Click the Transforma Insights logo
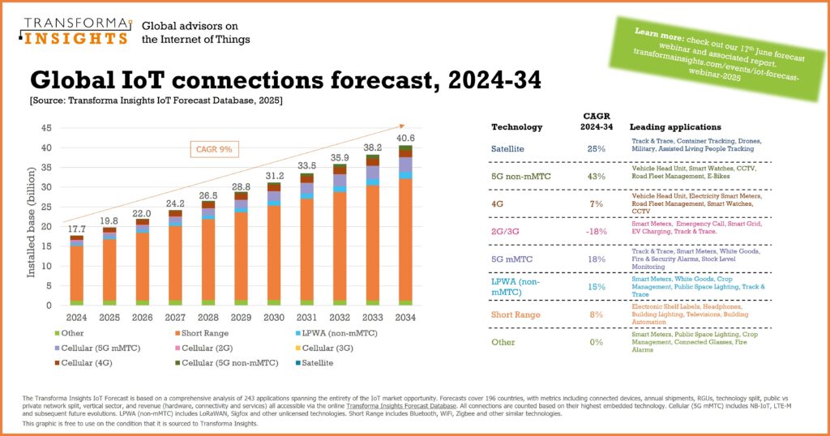click(74, 30)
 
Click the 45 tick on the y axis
click(47, 128)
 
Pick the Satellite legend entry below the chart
click(313, 363)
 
